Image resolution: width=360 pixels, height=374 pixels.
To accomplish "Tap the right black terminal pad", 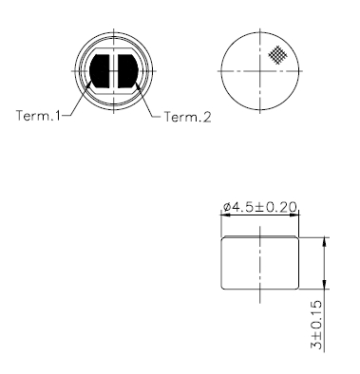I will pyautogui.click(x=128, y=73).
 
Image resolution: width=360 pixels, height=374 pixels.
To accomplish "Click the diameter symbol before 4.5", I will pyautogui.click(x=227, y=207).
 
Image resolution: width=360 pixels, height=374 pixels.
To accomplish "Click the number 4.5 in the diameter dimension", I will pyautogui.click(x=243, y=207).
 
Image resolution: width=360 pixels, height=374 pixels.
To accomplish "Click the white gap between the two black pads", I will pyautogui.click(x=114, y=73).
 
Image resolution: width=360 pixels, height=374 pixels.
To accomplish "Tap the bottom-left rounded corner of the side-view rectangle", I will pyautogui.click(x=223, y=288).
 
